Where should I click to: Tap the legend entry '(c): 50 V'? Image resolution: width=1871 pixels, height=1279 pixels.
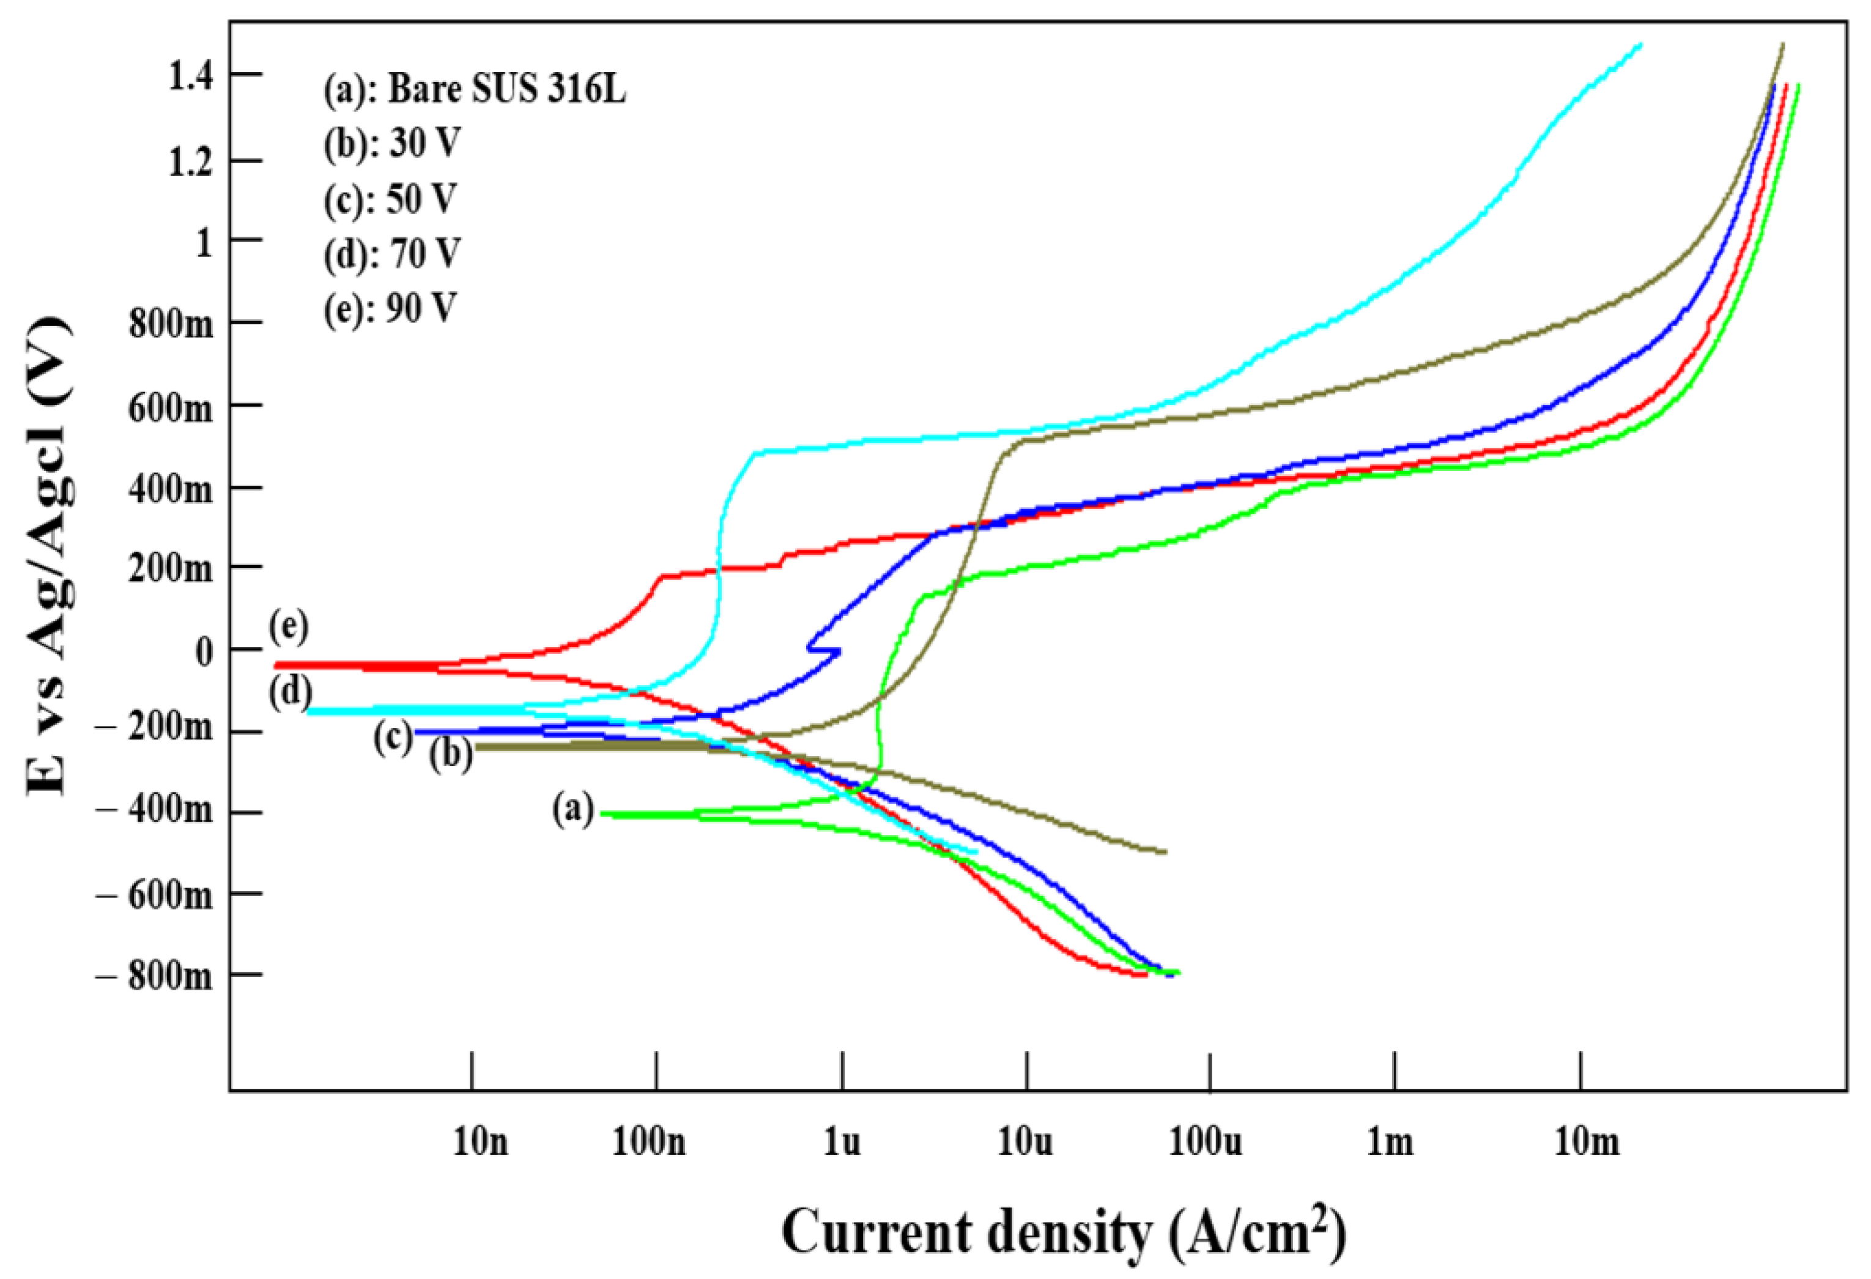390,199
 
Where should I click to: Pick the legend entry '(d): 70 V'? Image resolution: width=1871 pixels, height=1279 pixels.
392,254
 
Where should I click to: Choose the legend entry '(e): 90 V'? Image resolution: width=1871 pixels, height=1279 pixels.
390,308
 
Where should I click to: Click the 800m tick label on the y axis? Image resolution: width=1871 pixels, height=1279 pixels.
171,324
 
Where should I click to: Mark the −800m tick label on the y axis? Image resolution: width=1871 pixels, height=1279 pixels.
155,976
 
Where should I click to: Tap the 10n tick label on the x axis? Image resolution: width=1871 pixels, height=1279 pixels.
481,1141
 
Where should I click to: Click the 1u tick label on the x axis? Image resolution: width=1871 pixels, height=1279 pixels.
842,1141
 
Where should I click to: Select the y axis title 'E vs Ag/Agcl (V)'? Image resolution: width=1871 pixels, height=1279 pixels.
50,555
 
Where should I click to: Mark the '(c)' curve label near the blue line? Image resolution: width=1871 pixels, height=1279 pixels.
393,736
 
